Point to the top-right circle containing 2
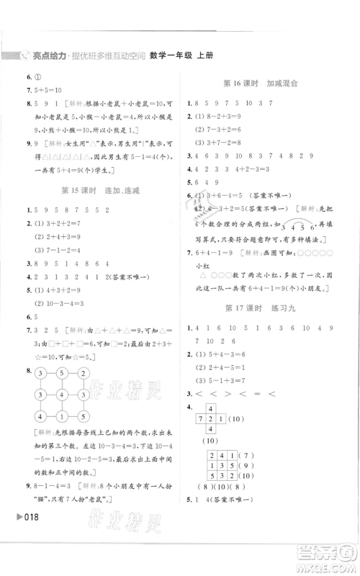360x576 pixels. tap(85, 373)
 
